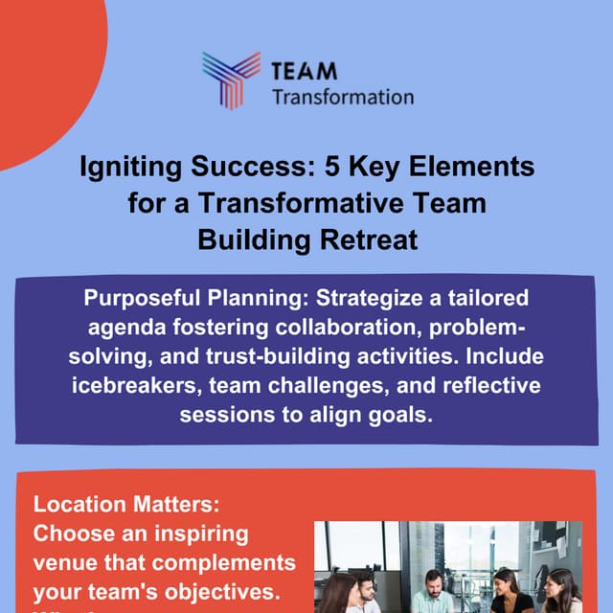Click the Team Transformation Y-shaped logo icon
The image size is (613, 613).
(x=231, y=79)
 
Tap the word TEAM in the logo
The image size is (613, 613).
(x=305, y=71)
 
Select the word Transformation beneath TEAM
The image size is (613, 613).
(x=342, y=97)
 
